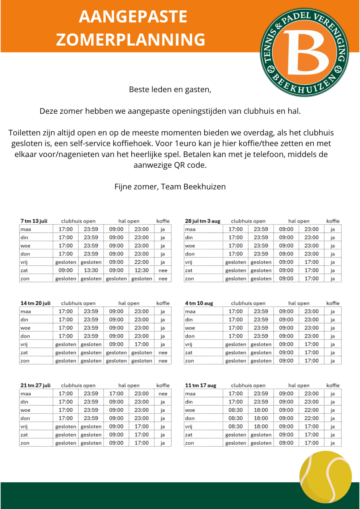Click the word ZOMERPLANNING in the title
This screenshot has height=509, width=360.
131,40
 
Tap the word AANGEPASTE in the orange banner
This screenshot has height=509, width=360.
133,17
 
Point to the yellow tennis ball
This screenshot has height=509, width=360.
325,477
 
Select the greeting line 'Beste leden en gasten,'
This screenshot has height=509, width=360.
170,90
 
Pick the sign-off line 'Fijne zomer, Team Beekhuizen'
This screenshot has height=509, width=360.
170,187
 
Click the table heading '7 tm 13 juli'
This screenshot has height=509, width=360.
34,221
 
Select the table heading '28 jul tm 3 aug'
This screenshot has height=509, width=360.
203,221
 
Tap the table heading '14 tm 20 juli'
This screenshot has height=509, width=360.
36,303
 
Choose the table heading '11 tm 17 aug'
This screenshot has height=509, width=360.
201,385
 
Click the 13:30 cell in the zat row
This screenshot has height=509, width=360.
91,270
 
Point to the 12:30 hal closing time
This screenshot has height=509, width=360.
141,270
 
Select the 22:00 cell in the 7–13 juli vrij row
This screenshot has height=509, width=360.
141,262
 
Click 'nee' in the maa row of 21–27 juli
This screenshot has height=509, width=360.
163,394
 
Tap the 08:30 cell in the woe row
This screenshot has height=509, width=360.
236,410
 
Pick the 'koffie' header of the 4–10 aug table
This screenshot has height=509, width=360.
333,303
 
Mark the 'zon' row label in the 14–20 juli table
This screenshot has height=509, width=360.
25,361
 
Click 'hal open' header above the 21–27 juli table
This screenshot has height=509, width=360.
129,385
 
